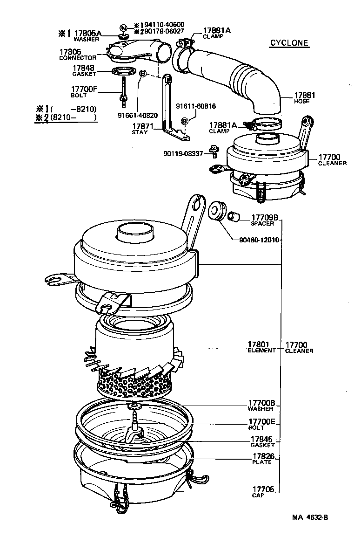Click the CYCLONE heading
point(289,43)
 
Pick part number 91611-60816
point(195,106)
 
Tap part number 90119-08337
point(183,153)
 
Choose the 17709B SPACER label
point(264,217)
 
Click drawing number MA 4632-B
point(313,517)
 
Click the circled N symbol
point(123,28)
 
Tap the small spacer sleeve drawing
point(232,215)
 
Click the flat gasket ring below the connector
point(123,72)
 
